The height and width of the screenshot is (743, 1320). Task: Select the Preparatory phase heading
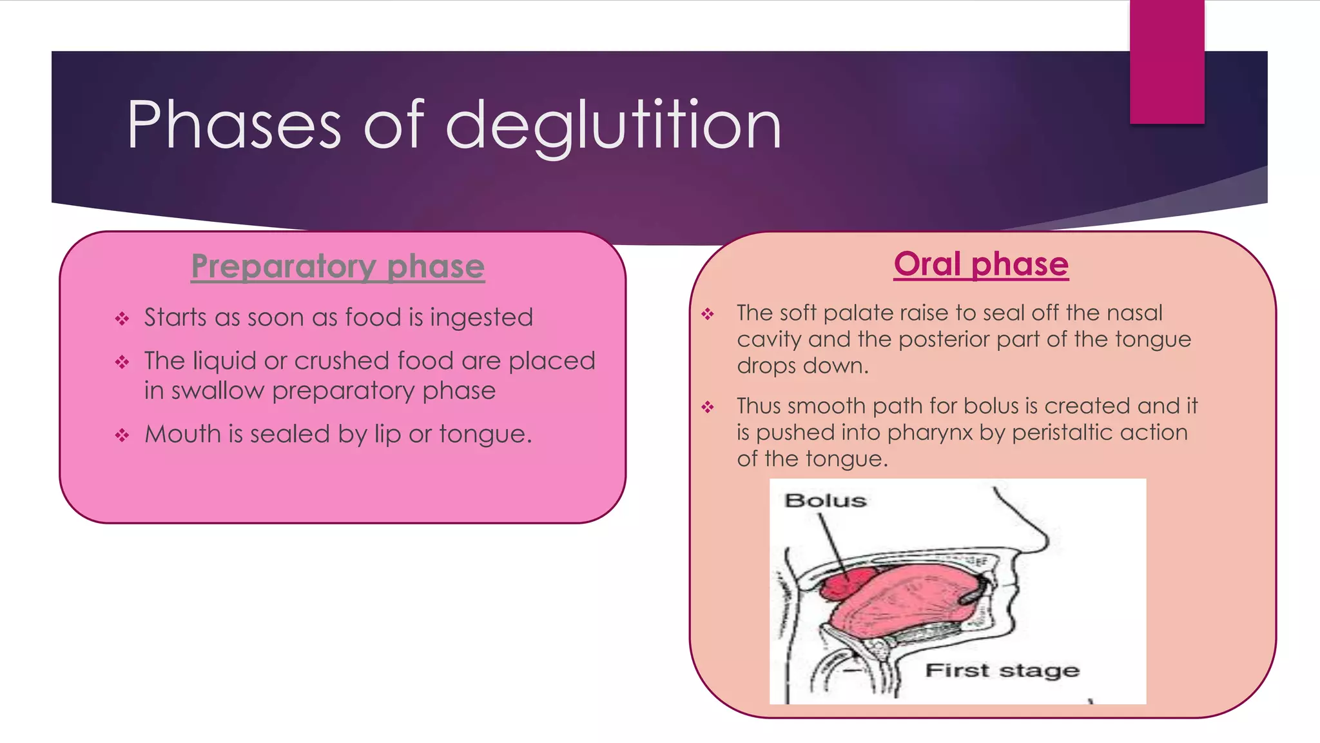[x=338, y=266]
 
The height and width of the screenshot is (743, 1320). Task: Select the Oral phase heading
[x=981, y=264]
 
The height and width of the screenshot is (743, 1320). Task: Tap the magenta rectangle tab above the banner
[x=1167, y=61]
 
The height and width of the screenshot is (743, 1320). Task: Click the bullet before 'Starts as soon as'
[x=122, y=319]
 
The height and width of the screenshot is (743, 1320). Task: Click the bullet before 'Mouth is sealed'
[x=122, y=435]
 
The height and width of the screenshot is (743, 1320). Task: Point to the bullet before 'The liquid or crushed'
[x=122, y=362]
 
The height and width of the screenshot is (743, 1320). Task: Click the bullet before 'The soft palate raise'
[x=708, y=314]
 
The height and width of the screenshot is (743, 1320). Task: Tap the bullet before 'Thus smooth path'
[x=708, y=407]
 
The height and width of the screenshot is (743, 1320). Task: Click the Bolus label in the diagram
[x=825, y=500]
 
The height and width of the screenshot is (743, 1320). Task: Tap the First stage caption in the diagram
[x=1002, y=671]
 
